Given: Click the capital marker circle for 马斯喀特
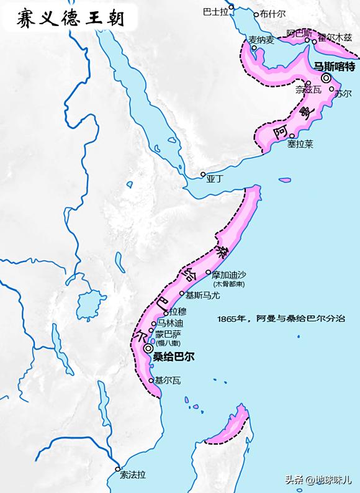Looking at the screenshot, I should [326, 78].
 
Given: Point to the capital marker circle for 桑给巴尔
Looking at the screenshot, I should [148, 350].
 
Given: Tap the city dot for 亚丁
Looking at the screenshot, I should [202, 174].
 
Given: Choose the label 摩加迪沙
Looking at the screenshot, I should [229, 274].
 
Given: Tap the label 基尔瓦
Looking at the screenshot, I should [168, 381].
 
